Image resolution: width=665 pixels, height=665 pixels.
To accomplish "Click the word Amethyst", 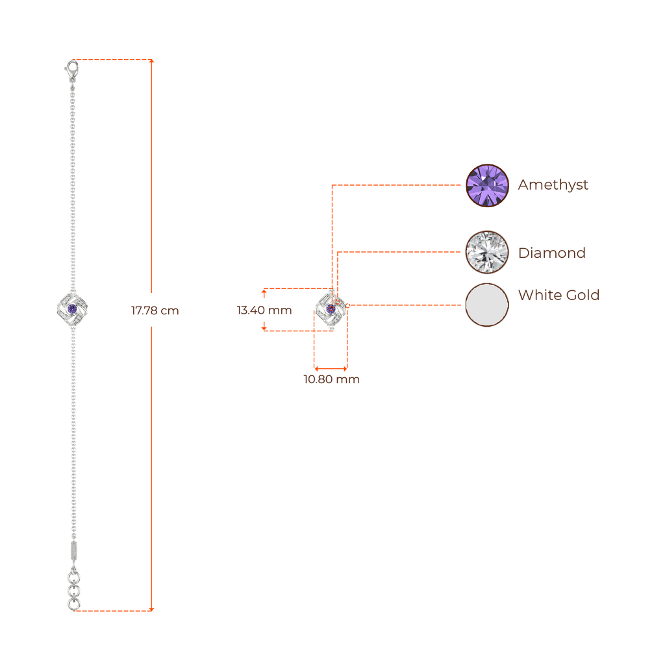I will coord(552,184).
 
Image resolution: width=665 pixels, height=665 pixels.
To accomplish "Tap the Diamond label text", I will coord(551,253).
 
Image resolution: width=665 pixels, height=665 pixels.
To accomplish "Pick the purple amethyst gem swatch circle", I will coord(488,186).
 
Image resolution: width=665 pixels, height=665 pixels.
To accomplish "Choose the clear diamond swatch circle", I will coord(487,252).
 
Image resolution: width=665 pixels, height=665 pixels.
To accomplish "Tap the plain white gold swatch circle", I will coord(487,304).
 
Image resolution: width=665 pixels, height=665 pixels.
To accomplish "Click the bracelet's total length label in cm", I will coord(155,310).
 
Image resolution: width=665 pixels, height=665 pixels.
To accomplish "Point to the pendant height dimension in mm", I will coord(264,310).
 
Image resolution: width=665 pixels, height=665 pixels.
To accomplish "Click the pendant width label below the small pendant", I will coord(331,380).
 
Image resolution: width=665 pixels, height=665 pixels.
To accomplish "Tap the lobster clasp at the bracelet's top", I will coord(70,66).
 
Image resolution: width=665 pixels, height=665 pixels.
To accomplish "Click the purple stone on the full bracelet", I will coord(72,308).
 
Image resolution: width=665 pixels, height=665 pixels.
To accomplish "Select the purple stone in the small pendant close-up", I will coord(331,307).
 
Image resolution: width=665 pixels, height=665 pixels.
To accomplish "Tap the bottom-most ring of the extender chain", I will coord(73,605).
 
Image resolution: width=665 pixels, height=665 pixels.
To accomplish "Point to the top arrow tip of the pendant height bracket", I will coord(264,289).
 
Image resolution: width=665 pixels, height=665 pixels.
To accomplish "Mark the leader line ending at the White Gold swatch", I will coord(406,304).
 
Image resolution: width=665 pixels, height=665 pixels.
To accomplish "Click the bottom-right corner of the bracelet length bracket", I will coord(153,609).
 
